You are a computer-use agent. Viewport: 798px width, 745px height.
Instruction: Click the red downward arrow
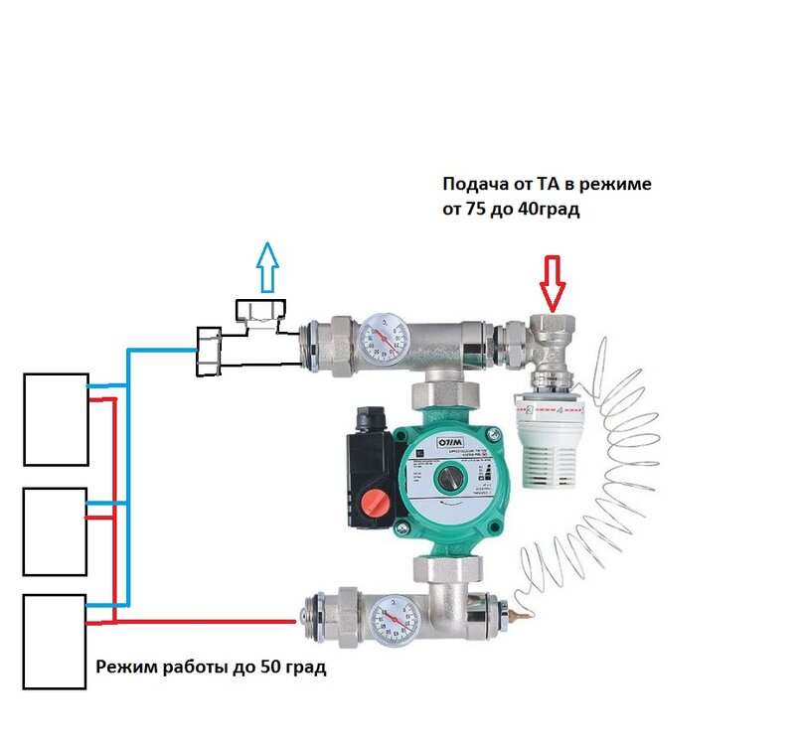tap(552, 281)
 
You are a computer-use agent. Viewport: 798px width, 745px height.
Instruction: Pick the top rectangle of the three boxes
tap(55, 418)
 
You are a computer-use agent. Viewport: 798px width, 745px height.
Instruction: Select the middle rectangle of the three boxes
tap(55, 530)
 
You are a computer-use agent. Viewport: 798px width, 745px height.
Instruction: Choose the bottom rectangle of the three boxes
tap(55, 642)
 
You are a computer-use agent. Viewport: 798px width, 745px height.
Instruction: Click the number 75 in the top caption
tap(476, 210)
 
